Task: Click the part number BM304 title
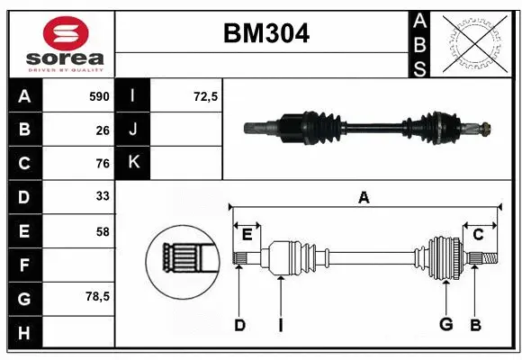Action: coord(265,34)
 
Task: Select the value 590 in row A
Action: coord(98,96)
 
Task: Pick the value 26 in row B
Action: coord(102,130)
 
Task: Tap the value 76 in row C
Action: coord(102,164)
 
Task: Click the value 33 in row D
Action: coord(102,197)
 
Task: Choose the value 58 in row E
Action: coord(102,231)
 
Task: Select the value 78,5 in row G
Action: coord(97,296)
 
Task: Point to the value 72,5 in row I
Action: coord(206,96)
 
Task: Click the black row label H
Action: coord(23,333)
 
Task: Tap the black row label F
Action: coord(23,265)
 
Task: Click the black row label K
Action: coord(133,163)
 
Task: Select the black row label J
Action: coord(133,130)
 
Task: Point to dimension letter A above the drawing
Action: coord(364,197)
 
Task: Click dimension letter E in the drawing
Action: coord(247,235)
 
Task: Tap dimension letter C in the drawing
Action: coord(478,235)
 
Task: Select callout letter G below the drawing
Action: coord(445,324)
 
